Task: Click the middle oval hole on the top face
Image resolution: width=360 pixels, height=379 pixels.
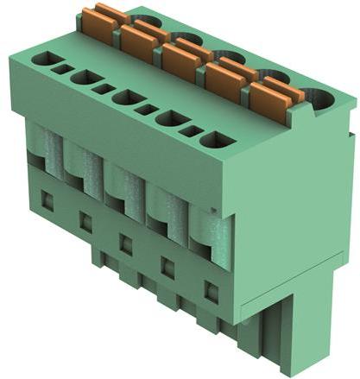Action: (129, 98)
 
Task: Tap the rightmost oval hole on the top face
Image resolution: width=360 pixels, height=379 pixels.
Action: (218, 139)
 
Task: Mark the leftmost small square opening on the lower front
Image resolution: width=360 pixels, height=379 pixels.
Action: (47, 202)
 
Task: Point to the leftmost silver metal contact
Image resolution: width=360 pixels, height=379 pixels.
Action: (39, 148)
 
